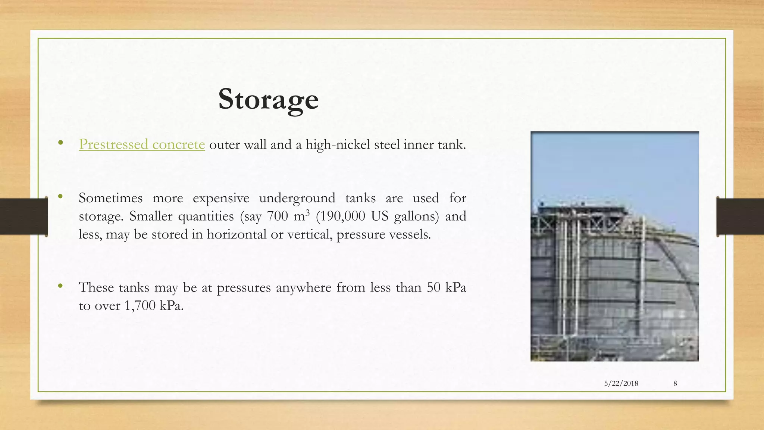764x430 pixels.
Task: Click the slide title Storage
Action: tap(268, 99)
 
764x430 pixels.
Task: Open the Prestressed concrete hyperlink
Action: tap(142, 144)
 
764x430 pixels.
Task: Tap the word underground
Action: tap(297, 198)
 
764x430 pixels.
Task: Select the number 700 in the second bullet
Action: tap(278, 216)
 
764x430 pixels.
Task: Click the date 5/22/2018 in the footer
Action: tap(621, 383)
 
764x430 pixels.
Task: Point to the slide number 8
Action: tap(675, 383)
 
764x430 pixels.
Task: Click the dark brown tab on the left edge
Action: tap(23, 216)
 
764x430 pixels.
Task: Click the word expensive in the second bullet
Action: tap(221, 198)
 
